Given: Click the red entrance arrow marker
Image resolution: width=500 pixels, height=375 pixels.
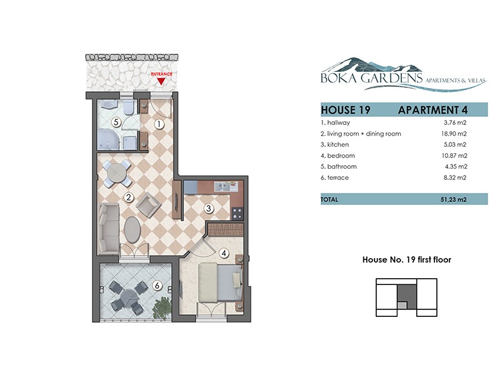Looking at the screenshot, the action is (x=161, y=81).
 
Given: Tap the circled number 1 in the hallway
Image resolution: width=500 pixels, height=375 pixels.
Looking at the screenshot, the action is (x=159, y=124).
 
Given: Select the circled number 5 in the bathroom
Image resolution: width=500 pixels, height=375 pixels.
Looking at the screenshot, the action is (x=116, y=122).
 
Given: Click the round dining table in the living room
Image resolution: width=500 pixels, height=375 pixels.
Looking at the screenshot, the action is (x=117, y=173).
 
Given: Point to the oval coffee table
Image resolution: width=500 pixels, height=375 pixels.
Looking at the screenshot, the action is (x=132, y=229).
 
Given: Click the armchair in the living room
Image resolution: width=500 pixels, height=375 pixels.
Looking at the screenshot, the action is (x=148, y=204).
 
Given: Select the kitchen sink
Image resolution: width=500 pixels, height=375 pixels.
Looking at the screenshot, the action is (x=226, y=186).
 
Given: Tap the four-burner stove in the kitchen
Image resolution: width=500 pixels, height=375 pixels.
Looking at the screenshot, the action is (x=237, y=213).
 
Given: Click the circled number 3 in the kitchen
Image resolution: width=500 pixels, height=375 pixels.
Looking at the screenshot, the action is (x=209, y=209).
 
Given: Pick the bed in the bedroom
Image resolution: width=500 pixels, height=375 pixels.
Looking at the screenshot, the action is (x=220, y=282).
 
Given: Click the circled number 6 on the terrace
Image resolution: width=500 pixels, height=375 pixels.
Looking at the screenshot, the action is (x=157, y=286).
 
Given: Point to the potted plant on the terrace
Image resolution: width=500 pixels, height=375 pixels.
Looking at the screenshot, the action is (x=163, y=308).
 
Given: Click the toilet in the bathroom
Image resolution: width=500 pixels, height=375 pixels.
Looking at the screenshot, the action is (x=128, y=107).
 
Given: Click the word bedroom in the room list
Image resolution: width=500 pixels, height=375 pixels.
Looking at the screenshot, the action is (x=341, y=156).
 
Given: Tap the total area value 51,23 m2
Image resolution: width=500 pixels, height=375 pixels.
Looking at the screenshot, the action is (x=454, y=199).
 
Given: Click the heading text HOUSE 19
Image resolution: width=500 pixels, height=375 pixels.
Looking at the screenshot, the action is (x=346, y=110).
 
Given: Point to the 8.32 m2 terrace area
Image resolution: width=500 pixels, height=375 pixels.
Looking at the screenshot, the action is (x=455, y=177).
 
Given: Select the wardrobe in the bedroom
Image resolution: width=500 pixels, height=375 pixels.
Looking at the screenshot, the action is (x=226, y=229).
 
